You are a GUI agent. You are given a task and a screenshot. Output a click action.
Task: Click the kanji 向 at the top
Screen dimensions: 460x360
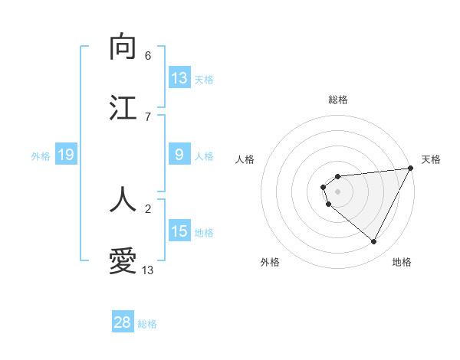[123, 47]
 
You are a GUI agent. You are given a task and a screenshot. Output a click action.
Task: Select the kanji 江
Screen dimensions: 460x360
[123, 108]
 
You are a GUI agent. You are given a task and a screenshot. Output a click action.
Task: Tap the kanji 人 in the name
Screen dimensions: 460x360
[123, 199]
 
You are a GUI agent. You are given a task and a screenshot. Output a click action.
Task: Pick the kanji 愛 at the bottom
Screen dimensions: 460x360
[123, 260]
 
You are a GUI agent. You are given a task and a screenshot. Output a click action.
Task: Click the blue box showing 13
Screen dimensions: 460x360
[179, 78]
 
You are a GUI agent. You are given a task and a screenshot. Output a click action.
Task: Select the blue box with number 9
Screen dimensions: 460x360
[179, 155]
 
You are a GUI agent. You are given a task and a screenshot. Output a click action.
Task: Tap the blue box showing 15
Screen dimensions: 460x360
[179, 231]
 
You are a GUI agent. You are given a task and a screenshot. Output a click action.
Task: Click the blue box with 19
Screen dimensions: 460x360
[65, 155]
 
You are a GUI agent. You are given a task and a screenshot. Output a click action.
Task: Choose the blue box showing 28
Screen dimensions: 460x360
[123, 322]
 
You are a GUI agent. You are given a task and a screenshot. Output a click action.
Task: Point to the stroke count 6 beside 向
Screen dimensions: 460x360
[148, 56]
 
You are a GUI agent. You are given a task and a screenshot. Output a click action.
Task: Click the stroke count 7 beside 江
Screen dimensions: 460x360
[148, 116]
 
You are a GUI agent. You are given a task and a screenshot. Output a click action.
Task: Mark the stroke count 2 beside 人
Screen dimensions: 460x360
[148, 208]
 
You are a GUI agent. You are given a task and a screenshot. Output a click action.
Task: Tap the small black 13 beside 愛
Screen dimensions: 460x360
[148, 270]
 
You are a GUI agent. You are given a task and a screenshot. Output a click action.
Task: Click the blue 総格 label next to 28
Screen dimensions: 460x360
[147, 324]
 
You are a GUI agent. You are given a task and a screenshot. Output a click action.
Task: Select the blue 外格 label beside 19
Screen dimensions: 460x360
[41, 156]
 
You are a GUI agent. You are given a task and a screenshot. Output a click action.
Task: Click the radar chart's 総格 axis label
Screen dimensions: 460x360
[337, 100]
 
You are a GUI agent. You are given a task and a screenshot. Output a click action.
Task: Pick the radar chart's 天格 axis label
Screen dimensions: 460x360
[431, 159]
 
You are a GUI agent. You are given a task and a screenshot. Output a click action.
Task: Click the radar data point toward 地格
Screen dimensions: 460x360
[374, 242]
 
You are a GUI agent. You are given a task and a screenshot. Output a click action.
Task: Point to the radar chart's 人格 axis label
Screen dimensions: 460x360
[245, 159]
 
